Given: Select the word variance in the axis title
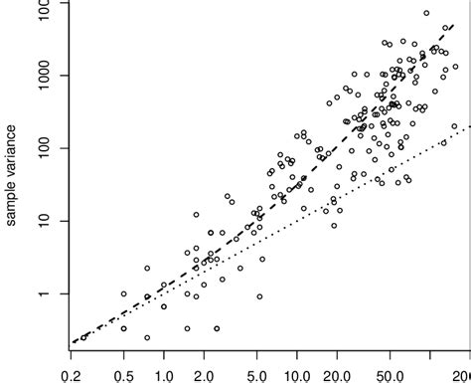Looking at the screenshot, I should (x=10, y=155).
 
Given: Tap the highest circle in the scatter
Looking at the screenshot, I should (x=426, y=14).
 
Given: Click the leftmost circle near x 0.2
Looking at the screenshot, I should (x=83, y=337).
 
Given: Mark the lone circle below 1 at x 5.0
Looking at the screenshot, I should (x=259, y=296).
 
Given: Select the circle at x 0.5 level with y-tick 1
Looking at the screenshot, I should (x=123, y=294).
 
